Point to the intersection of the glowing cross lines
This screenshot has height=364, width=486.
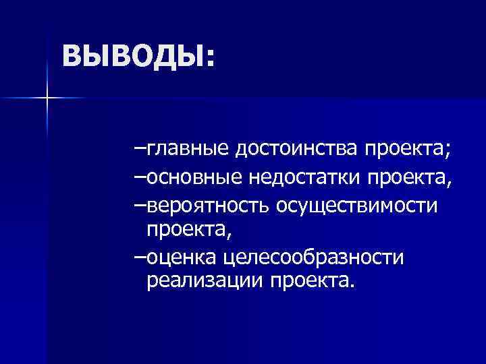pyautogui.click(x=47, y=98)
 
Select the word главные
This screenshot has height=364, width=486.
pyautogui.click(x=188, y=148)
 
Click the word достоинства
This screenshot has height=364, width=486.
pyautogui.click(x=298, y=148)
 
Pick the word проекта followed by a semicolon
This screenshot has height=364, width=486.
pyautogui.click(x=404, y=148)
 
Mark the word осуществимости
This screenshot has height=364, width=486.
pyautogui.click(x=360, y=205)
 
